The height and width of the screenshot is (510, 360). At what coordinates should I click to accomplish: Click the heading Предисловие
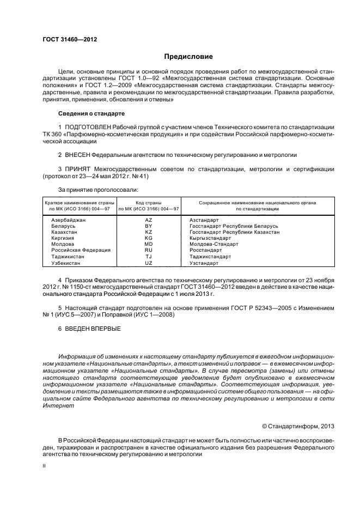click(188, 57)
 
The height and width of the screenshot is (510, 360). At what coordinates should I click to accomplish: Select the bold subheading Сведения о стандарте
click(91, 113)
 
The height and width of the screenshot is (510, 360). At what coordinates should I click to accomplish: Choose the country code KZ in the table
click(149, 232)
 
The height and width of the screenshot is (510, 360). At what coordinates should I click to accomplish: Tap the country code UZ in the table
click(149, 263)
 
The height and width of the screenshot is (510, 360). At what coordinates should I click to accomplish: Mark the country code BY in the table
click(149, 226)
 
